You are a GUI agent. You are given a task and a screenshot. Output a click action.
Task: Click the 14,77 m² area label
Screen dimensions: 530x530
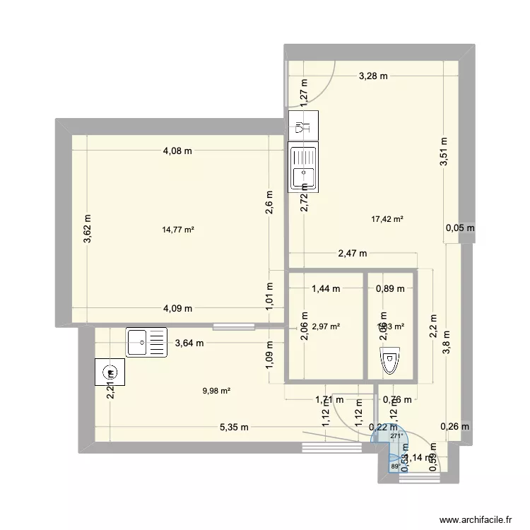[178, 229]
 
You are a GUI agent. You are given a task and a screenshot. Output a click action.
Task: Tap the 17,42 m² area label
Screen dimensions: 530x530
[387, 220]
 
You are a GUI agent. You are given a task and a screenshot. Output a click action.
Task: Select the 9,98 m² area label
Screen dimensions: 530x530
[216, 390]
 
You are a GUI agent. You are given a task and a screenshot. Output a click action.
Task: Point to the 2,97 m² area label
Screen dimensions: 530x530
[326, 326]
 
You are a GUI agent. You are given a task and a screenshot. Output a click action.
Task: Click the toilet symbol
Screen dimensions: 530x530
[389, 361]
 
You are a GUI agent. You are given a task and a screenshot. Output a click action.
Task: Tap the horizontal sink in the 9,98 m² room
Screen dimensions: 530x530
[146, 342]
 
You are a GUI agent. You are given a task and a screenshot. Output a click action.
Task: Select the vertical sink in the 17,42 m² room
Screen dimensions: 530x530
[304, 167]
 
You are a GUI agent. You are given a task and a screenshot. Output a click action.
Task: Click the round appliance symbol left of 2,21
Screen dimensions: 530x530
[109, 372]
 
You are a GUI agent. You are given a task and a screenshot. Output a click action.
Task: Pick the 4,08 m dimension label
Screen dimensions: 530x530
[178, 151]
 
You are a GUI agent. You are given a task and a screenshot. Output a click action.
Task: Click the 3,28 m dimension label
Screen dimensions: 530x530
[372, 77]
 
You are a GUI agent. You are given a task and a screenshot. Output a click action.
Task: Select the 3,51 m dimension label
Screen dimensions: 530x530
[444, 151]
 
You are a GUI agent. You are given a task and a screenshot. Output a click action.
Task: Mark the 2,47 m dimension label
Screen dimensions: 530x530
[352, 253]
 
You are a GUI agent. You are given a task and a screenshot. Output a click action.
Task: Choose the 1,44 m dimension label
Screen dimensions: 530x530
[326, 288]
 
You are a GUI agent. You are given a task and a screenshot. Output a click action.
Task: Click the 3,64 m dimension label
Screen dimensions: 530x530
[189, 344]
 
